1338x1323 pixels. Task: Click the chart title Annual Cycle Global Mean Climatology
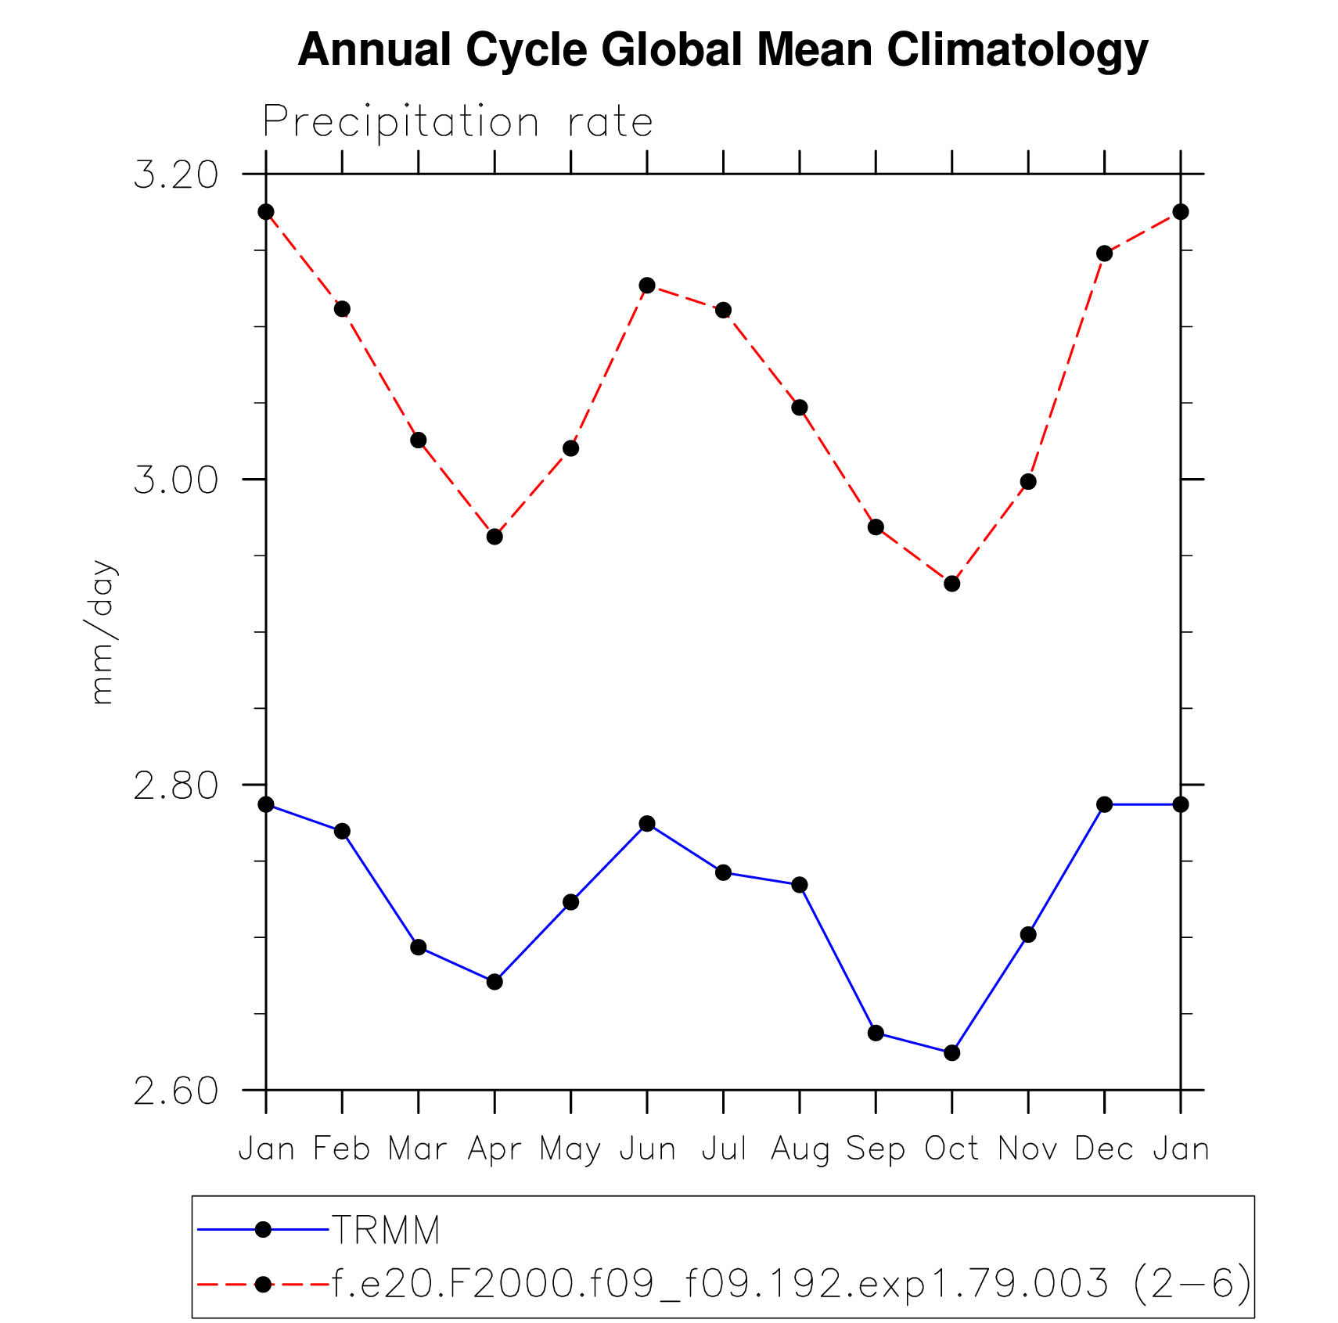[x=722, y=50]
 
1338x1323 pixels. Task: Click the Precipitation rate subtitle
[x=458, y=122]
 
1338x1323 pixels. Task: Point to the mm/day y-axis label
[x=103, y=632]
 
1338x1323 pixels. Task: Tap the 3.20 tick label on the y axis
[x=175, y=174]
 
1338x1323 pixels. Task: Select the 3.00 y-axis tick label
[x=175, y=480]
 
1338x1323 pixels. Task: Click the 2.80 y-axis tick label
[x=175, y=785]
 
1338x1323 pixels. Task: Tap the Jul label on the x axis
[x=723, y=1149]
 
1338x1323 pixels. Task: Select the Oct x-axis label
[x=951, y=1149]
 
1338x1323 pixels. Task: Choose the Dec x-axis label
[x=1104, y=1149]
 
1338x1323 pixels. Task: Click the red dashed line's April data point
[x=495, y=537]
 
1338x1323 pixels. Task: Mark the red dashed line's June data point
[x=647, y=286]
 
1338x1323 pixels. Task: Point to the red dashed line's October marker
[x=952, y=584]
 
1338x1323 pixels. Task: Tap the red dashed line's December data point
[x=1104, y=253]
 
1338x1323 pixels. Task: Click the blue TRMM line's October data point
[x=952, y=1053]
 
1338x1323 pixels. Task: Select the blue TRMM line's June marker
[x=647, y=824]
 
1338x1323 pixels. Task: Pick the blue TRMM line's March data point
[x=419, y=947]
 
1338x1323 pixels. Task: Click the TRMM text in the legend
[x=387, y=1231]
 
